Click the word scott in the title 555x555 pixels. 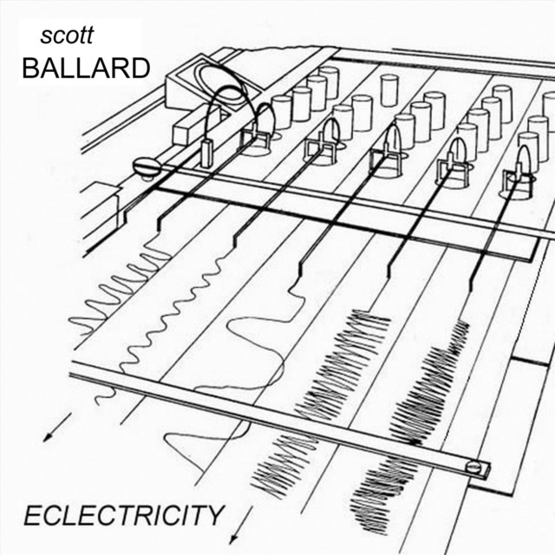(x=67, y=38)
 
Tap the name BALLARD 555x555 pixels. (x=86, y=69)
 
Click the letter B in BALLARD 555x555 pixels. (x=31, y=69)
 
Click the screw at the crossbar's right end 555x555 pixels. (x=473, y=467)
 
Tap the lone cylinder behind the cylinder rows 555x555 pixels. (x=388, y=89)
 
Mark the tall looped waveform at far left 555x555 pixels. (x=113, y=286)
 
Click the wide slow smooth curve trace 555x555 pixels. (x=247, y=347)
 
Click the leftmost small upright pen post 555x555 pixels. (x=206, y=151)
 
